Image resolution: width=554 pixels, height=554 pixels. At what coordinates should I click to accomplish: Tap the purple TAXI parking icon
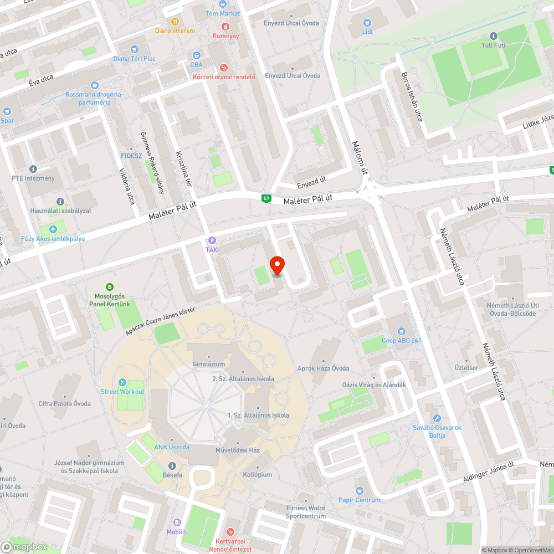[x=211, y=240]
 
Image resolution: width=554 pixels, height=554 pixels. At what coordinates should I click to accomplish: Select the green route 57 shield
[x=266, y=198]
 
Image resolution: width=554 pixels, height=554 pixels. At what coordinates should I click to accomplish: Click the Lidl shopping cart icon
[x=367, y=22]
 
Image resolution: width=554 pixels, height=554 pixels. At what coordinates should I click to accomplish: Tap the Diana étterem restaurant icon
[x=175, y=22]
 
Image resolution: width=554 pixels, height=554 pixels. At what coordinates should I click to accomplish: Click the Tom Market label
[x=223, y=13]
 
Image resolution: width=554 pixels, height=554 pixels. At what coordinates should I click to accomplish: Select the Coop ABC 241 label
[x=401, y=340]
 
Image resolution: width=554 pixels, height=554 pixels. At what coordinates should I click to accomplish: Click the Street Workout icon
[x=122, y=383]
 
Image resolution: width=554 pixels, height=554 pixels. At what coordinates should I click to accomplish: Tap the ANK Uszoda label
[x=172, y=447]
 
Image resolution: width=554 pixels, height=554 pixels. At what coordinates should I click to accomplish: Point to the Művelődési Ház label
[x=238, y=450]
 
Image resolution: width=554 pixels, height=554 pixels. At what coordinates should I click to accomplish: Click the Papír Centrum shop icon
[x=360, y=490]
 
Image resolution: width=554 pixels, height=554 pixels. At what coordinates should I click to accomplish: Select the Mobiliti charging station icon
[x=177, y=522]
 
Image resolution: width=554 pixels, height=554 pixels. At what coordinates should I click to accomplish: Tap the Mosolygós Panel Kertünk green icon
[x=110, y=286]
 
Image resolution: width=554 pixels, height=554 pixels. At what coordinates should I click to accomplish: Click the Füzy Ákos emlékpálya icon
[x=53, y=229]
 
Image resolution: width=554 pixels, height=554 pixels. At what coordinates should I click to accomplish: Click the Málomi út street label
[x=360, y=158]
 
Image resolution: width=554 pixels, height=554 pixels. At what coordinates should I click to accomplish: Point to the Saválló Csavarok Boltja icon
[x=437, y=418]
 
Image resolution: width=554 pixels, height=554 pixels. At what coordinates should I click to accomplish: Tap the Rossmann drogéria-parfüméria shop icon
[x=95, y=85]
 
